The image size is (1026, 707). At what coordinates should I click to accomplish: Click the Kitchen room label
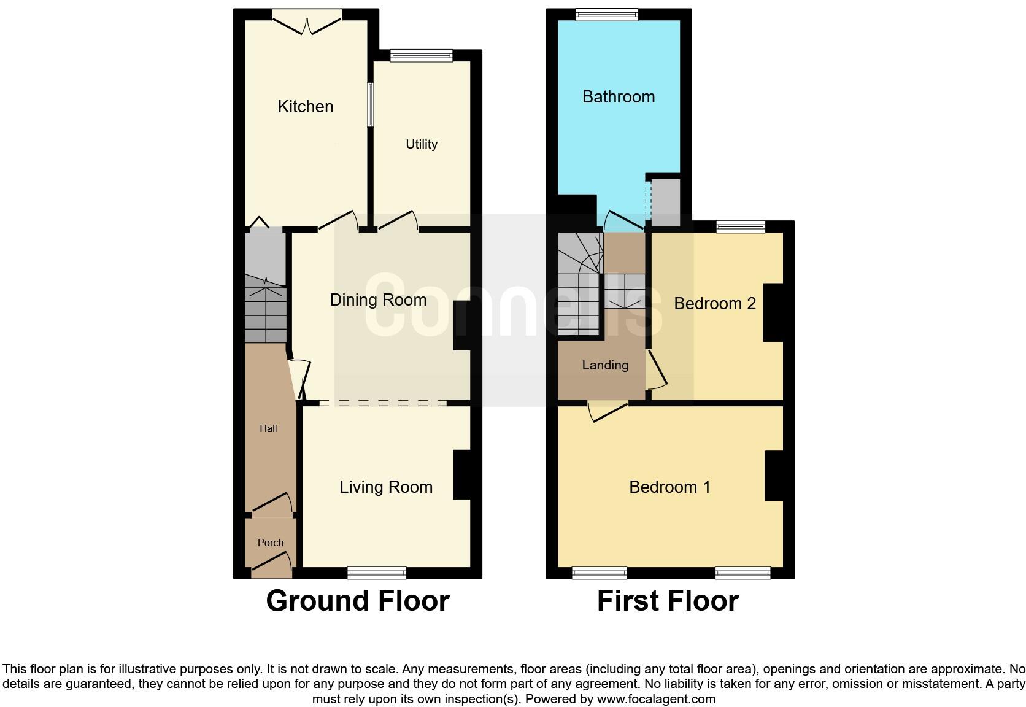click(x=306, y=107)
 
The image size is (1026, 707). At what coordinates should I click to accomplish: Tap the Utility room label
click(x=422, y=144)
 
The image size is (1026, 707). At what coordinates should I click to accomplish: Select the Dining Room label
click(x=378, y=300)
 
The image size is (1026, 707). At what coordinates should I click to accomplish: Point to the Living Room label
click(x=386, y=487)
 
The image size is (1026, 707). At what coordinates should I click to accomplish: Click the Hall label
click(x=268, y=429)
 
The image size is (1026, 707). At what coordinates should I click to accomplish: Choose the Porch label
click(x=271, y=543)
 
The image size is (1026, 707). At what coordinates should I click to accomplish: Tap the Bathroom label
click(x=619, y=97)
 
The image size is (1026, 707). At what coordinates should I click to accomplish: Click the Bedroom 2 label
click(x=715, y=304)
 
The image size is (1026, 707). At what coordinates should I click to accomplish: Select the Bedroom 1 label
click(x=669, y=487)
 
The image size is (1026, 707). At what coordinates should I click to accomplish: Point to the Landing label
click(x=605, y=366)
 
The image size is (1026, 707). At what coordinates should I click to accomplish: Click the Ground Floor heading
click(x=358, y=601)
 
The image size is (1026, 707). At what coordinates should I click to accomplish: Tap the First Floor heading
click(x=668, y=601)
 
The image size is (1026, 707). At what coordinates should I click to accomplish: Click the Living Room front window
click(x=377, y=573)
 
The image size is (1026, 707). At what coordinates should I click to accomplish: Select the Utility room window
click(x=421, y=56)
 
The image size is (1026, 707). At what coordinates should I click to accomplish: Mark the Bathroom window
click(x=607, y=15)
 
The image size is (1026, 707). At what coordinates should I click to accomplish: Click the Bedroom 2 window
click(x=741, y=227)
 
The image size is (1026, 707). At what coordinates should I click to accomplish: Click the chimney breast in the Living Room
click(x=462, y=475)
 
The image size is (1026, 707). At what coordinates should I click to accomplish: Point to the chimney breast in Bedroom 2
click(x=773, y=312)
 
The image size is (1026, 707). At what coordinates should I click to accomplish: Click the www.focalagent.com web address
click(x=656, y=699)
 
